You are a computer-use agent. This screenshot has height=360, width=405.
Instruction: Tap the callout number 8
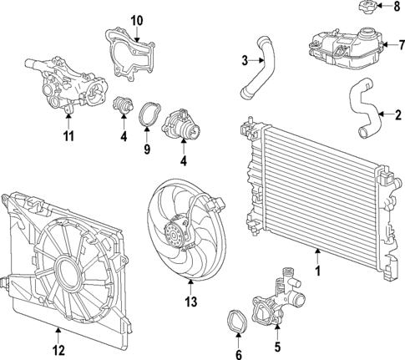pyautogui.click(x=397, y=8)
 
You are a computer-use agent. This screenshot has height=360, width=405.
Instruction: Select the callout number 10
pyautogui.click(x=137, y=18)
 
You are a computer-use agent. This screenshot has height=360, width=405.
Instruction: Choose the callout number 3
pyautogui.click(x=245, y=59)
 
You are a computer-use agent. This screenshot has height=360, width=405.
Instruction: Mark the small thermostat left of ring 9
pyautogui.click(x=124, y=109)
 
